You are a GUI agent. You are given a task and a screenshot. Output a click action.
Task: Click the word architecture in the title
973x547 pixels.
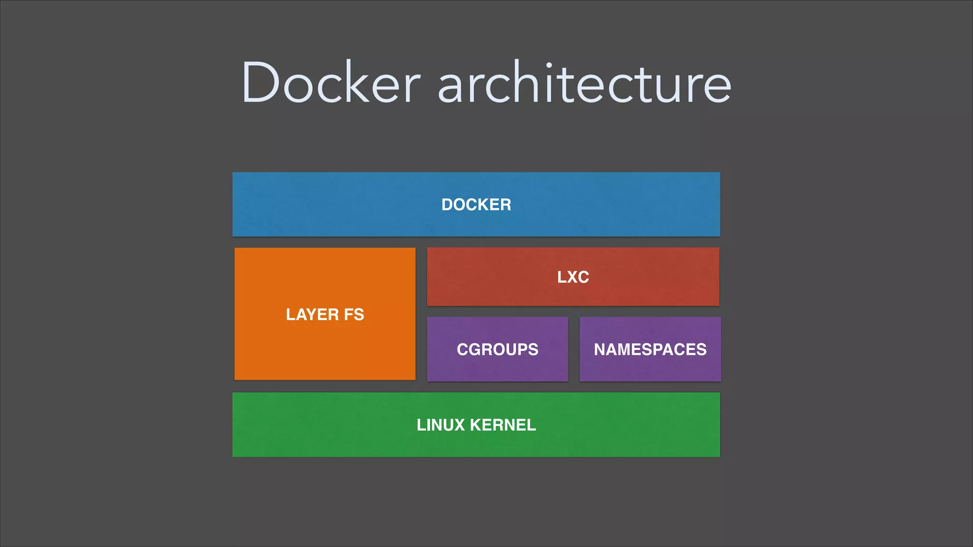[584, 83]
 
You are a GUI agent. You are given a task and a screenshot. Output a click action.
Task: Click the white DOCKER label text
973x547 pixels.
[476, 205]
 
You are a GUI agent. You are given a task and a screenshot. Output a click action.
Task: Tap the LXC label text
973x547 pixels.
[573, 277]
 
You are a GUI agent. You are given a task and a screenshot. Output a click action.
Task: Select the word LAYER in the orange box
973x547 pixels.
[312, 314]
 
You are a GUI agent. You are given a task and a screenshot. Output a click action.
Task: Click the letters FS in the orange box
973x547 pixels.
[354, 314]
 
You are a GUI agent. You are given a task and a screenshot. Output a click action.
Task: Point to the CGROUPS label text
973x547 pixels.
[497, 349]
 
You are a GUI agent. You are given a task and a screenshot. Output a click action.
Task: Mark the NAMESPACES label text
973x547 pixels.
[650, 349]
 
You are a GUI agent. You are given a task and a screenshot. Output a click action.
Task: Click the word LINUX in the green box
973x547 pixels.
[440, 425]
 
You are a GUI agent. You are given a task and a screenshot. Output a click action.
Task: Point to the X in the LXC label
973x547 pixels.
[572, 277]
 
